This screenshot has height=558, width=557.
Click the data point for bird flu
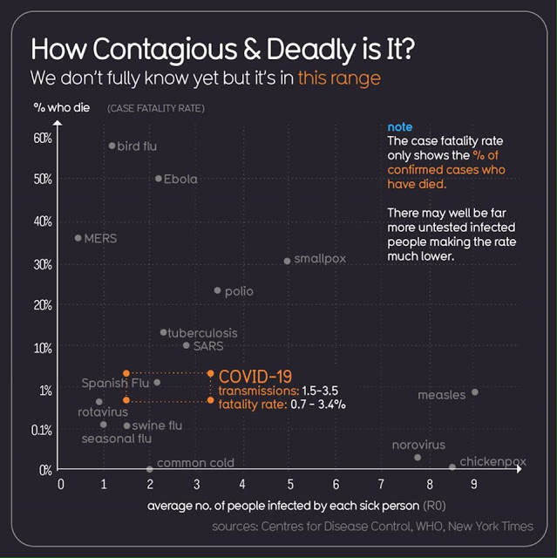click(112, 146)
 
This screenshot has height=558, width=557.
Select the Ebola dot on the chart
click(158, 179)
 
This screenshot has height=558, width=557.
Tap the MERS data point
click(78, 237)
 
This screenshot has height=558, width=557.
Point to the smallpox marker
click(288, 261)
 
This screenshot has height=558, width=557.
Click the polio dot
click(218, 290)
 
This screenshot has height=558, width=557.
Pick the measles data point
click(475, 392)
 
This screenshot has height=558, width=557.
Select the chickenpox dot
click(452, 467)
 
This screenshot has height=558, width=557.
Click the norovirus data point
click(418, 458)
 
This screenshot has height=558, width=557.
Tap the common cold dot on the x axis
click(150, 469)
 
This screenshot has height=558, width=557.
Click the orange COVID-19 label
click(255, 376)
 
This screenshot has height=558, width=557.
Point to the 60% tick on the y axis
click(43, 138)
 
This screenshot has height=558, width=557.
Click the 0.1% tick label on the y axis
click(41, 430)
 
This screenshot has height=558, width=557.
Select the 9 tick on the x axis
click(474, 483)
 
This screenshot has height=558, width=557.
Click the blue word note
click(400, 127)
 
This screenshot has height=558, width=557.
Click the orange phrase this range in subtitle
click(339, 78)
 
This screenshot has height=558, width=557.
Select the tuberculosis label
click(202, 333)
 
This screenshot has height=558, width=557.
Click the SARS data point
click(186, 345)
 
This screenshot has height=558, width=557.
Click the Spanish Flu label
click(116, 383)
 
